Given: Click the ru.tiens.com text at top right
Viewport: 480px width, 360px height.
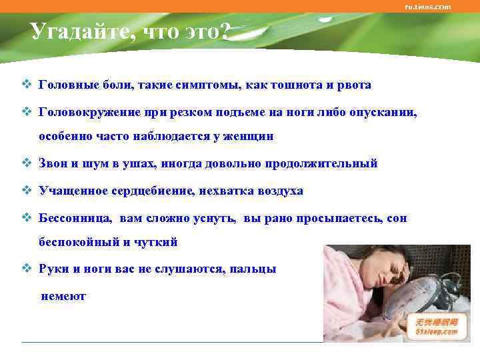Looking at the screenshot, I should tap(427, 7).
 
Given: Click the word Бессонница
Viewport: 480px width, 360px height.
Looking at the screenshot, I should tap(76, 218).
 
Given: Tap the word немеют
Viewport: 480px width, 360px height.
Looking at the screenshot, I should tap(63, 297).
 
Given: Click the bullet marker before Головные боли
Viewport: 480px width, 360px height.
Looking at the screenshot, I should tap(26, 85).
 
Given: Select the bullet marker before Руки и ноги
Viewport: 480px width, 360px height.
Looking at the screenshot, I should tap(26, 269).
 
